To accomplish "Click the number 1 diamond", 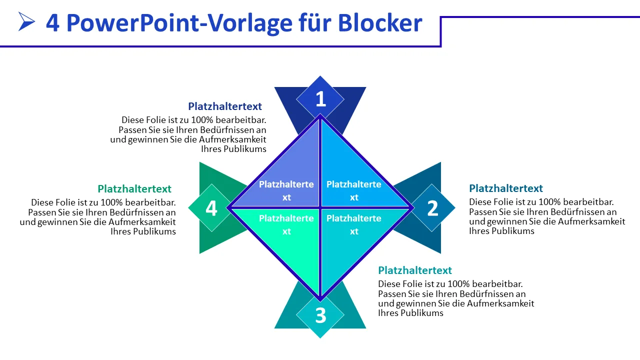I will point(320,99).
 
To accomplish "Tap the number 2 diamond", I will point(432,208).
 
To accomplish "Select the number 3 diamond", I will point(320,315).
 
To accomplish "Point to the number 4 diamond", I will point(211,208).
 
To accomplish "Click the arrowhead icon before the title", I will point(26,21).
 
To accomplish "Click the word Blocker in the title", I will point(380,22).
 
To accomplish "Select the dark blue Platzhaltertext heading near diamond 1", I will point(225,106).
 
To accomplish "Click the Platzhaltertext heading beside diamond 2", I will point(506,188).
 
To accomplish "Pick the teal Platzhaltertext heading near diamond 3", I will point(415,270).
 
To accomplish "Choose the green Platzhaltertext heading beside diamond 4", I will point(134,189).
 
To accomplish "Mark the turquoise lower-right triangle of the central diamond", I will point(354,235).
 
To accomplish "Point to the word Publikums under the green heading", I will point(154,231).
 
